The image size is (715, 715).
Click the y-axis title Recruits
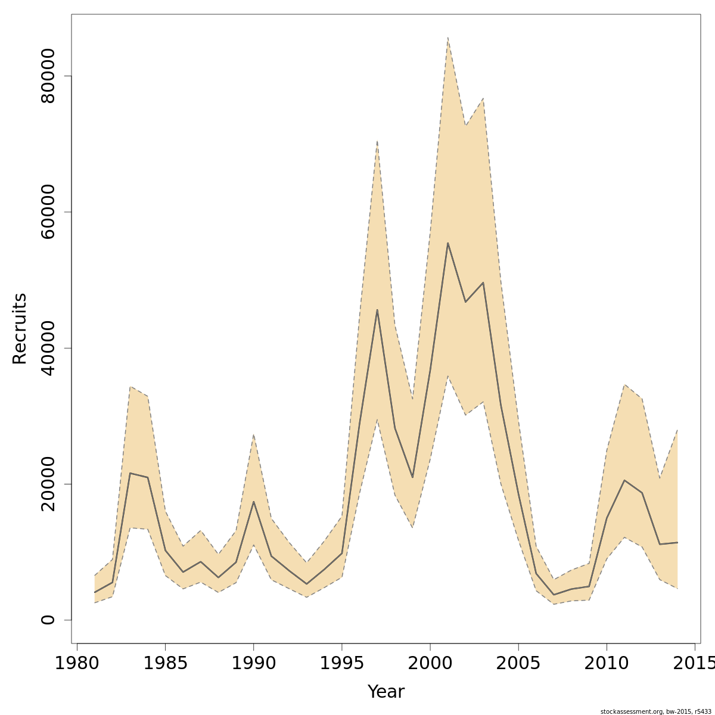20,328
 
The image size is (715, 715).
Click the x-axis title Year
386,692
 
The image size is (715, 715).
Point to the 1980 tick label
77,663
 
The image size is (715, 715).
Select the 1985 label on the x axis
165,663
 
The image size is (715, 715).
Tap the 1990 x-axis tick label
253,663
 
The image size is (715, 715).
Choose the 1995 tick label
341,663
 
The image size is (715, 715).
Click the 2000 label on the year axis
430,663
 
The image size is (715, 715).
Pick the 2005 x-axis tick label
518,663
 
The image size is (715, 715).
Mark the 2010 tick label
606,663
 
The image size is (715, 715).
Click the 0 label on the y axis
48,620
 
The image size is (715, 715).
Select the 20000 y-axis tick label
48,484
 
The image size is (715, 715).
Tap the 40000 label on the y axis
48,348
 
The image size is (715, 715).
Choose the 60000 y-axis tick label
48,212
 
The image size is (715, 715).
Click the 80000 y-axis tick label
48,76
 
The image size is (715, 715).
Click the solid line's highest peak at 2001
447,243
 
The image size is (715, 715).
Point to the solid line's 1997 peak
377,310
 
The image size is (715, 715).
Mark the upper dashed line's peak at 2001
447,38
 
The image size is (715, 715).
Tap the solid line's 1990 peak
253,502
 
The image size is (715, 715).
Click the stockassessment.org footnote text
655,711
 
